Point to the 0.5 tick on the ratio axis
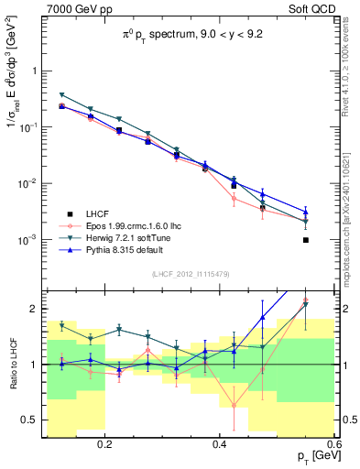tap(30, 420)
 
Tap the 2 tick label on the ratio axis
tap(35, 309)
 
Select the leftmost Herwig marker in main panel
tap(62, 95)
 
